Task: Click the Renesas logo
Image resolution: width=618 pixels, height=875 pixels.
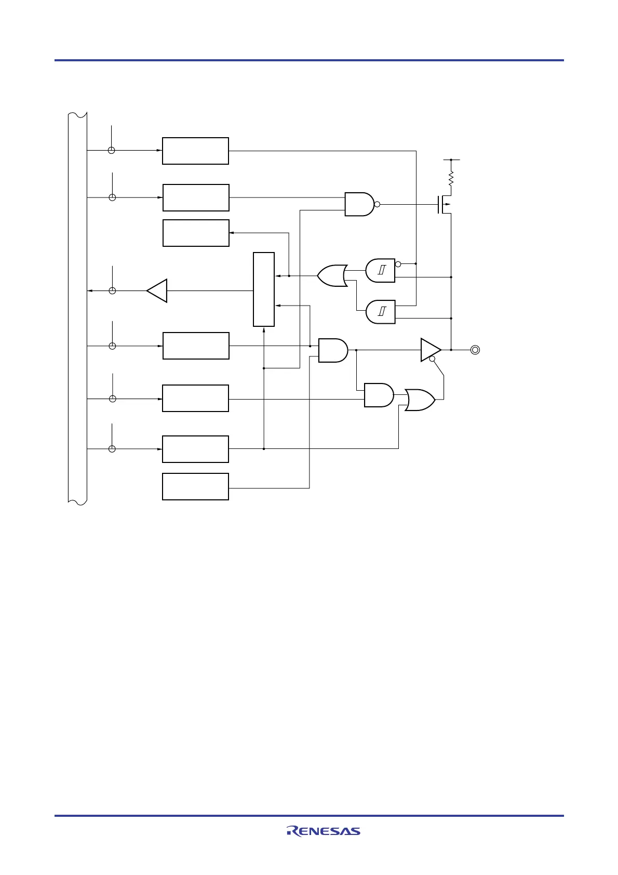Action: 323,831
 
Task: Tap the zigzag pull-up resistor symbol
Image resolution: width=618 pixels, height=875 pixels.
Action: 451,179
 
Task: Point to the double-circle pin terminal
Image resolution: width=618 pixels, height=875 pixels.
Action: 475,350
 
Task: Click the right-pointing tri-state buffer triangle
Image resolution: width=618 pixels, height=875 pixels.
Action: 430,350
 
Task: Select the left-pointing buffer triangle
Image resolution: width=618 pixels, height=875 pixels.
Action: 157,290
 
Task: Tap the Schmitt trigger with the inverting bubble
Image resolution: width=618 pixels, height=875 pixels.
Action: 380,270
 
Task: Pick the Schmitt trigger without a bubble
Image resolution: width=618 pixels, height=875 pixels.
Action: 380,312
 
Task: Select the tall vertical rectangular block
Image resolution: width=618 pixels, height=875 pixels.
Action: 264,289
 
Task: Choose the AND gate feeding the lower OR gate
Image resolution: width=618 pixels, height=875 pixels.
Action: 379,395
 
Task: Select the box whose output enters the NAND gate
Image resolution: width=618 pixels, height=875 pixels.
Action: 196,197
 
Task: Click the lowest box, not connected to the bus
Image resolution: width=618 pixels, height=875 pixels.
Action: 195,486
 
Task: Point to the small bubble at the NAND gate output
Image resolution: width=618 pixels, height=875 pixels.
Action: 377,204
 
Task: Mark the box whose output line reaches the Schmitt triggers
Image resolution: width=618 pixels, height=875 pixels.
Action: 195,151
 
